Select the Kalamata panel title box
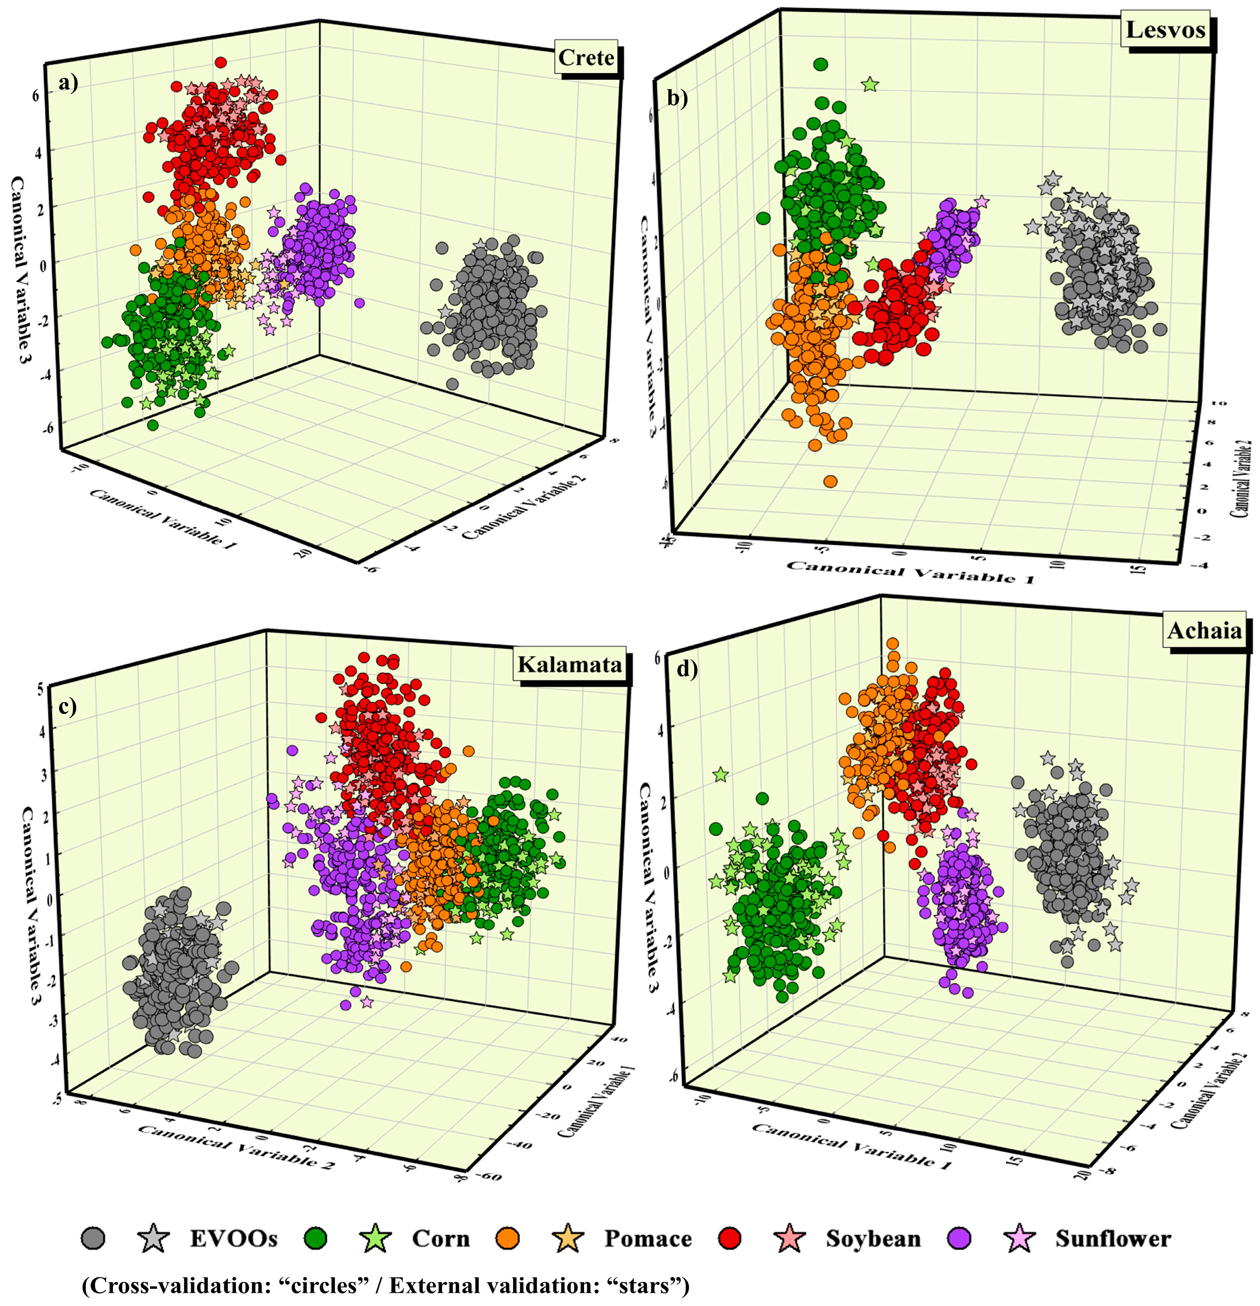[x=569, y=664]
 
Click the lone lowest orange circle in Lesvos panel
[x=830, y=481]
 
